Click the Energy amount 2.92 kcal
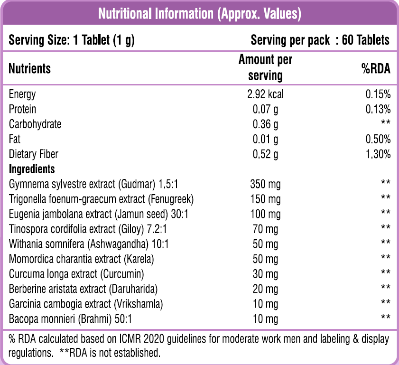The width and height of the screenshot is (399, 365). point(265,94)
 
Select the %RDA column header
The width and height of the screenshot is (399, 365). point(376,68)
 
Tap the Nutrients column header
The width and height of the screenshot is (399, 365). point(30,68)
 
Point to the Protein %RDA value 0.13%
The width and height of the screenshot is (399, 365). point(378,109)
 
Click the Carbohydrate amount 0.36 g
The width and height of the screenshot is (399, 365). point(265,124)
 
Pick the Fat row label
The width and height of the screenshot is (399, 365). point(15,139)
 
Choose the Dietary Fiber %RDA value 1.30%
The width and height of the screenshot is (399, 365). point(378,154)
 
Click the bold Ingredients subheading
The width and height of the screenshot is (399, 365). point(32,169)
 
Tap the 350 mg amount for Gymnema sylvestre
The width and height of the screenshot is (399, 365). point(265,184)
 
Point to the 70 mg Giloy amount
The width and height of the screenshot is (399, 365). point(265,229)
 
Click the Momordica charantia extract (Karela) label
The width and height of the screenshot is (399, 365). point(82,259)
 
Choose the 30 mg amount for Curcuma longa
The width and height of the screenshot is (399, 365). point(265,274)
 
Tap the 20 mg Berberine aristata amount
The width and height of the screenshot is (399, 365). point(265,289)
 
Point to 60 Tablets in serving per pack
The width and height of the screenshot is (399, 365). point(365,40)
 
